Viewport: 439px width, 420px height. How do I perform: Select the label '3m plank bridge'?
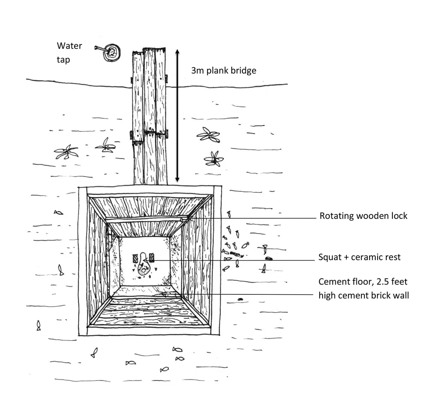(223, 70)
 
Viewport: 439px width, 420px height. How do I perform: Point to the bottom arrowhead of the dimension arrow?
(177, 179)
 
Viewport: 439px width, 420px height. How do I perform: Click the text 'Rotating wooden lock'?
(363, 216)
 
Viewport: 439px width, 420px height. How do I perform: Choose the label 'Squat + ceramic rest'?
(360, 257)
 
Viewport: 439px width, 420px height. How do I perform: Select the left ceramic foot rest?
(135, 257)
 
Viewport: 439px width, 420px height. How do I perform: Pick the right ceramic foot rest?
(152, 257)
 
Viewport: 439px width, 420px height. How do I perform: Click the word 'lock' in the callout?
(398, 216)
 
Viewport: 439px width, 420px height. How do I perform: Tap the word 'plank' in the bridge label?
(216, 70)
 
